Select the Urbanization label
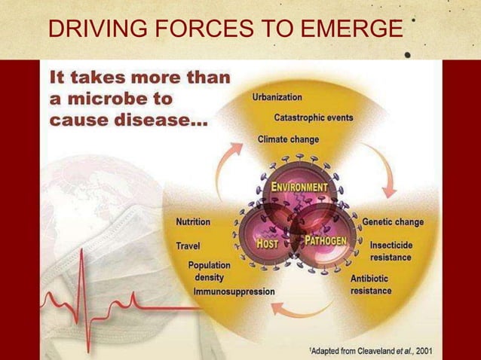(277, 97)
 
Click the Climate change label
(288, 139)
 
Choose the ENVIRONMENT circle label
(299, 186)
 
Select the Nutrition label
(193, 222)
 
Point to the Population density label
(209, 270)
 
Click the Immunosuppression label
(234, 291)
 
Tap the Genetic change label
(394, 222)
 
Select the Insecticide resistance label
(391, 252)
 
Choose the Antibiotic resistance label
(372, 285)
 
